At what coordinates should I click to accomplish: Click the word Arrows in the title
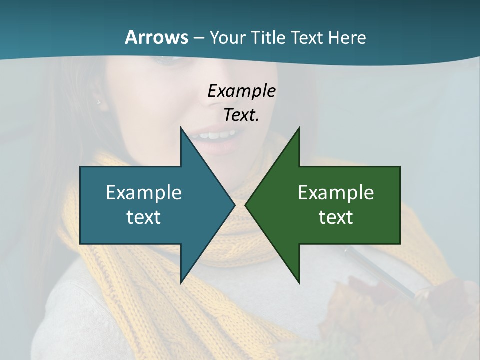[x=156, y=37]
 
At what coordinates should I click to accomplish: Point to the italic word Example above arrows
[x=241, y=91]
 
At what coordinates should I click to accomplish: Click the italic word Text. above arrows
[x=241, y=115]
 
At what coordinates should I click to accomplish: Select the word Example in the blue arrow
[x=144, y=192]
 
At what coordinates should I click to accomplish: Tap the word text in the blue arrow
[x=144, y=217]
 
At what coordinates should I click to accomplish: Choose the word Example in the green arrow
[x=336, y=192]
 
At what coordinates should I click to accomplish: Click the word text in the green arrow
[x=336, y=217]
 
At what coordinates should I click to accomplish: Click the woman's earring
[x=99, y=102]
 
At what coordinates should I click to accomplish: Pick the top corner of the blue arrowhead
[x=181, y=128]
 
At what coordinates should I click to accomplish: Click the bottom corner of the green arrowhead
[x=299, y=282]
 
